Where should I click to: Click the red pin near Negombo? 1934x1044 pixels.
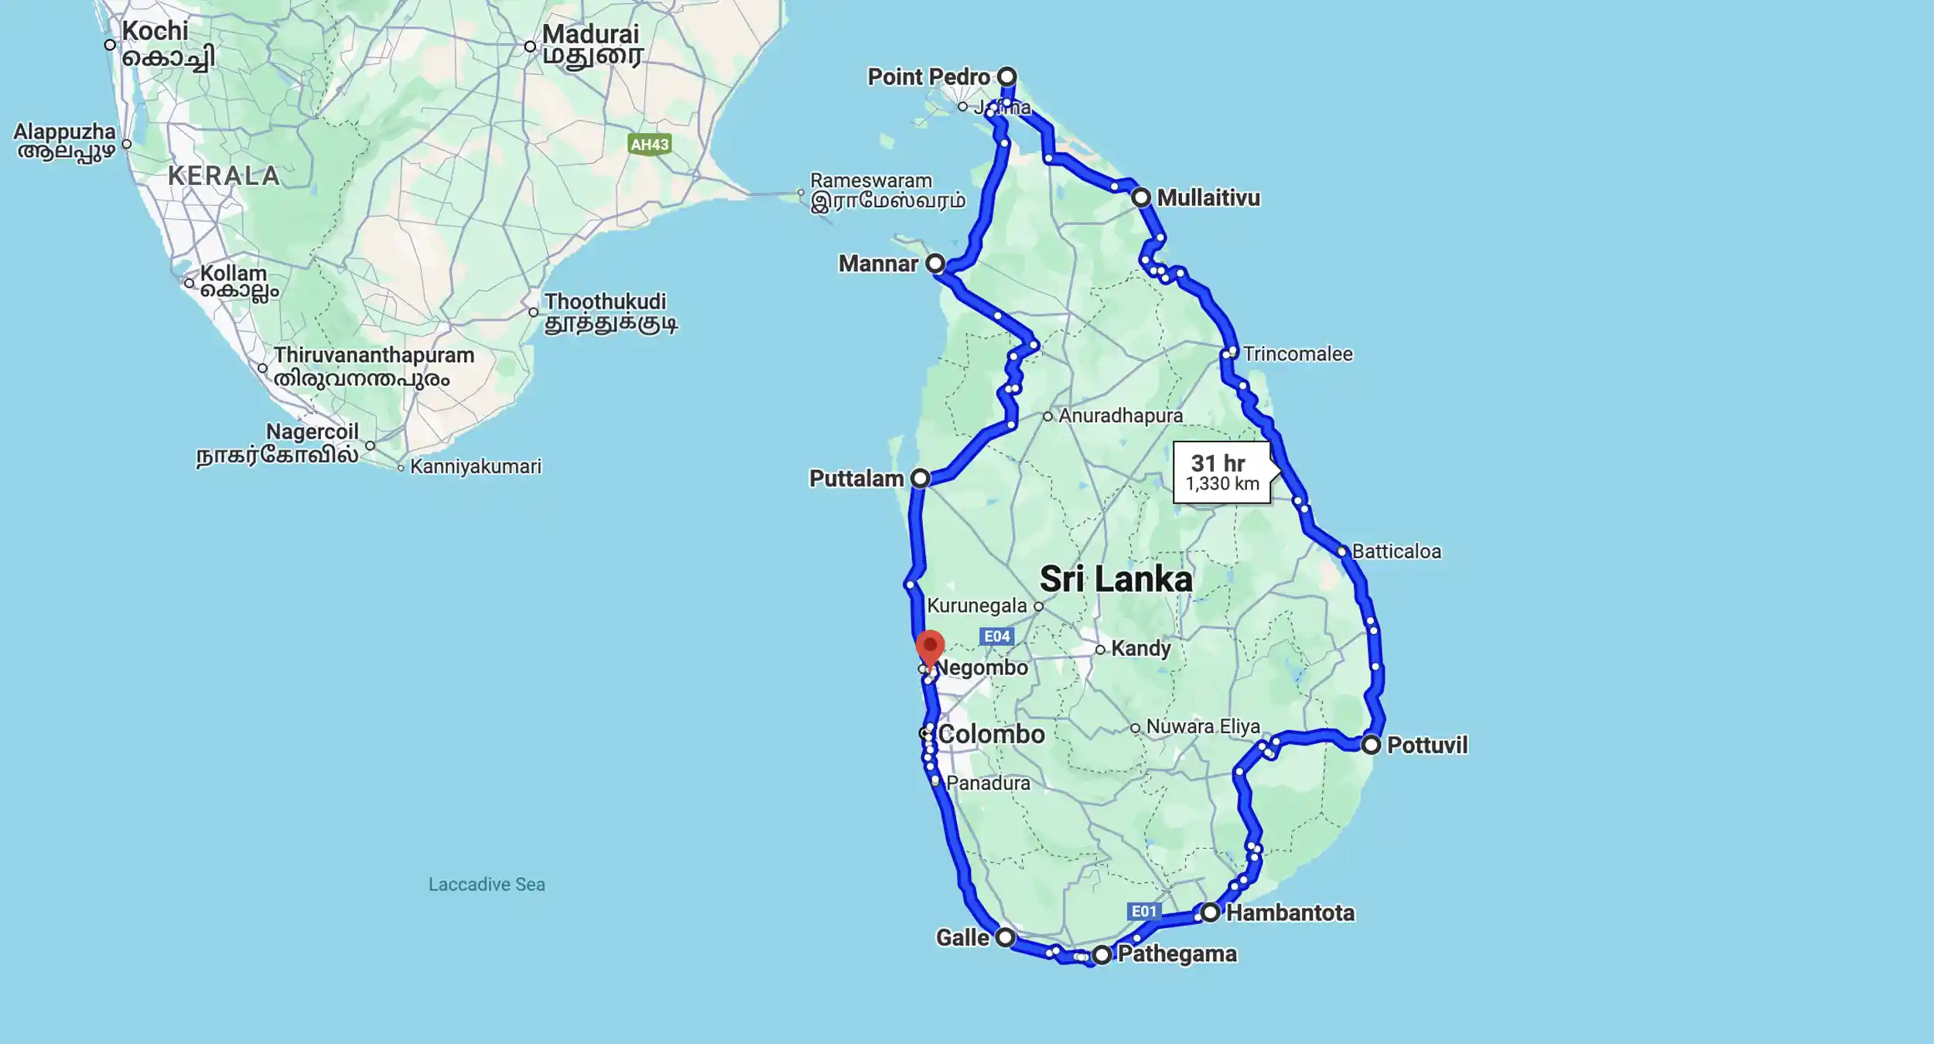point(930,646)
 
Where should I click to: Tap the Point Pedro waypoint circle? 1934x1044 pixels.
point(1006,77)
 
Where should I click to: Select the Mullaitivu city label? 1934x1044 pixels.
point(1208,198)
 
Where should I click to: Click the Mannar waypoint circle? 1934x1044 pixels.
point(935,263)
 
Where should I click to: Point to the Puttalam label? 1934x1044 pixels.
point(856,479)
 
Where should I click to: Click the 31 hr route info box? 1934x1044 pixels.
point(1222,473)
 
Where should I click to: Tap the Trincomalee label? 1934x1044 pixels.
point(1297,354)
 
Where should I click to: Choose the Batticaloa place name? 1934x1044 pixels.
point(1396,551)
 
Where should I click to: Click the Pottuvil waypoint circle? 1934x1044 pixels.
point(1371,745)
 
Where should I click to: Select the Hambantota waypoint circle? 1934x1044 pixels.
point(1210,913)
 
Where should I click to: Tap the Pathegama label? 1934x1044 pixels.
point(1177,954)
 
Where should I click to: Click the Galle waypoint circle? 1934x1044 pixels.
point(1005,937)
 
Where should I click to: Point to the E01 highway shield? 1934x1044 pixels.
point(1144,911)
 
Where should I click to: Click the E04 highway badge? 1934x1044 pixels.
point(996,636)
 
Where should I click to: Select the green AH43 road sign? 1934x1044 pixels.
point(649,145)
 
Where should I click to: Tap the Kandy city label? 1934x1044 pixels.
point(1140,649)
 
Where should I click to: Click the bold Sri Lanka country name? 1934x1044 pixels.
point(1116,579)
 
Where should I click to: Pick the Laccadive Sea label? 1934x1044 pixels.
point(487,884)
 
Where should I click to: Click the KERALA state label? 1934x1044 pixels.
point(224,176)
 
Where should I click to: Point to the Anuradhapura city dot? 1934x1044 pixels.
point(1047,416)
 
